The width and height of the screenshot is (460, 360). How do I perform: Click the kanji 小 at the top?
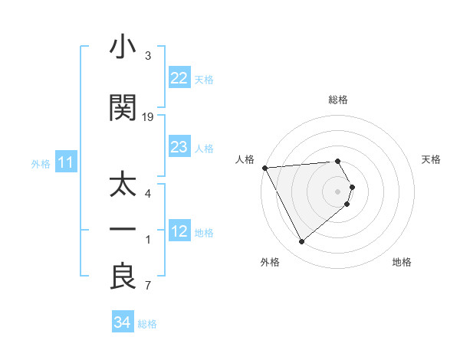[123, 48]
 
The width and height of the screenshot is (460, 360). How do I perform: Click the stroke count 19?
[148, 117]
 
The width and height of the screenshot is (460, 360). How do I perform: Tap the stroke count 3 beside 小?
[148, 56]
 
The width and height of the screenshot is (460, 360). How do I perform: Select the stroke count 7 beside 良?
[148, 287]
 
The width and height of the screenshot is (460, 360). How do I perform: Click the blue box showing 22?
[179, 78]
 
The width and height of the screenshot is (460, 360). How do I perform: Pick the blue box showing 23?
[179, 147]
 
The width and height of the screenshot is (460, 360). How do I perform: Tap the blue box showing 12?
[179, 231]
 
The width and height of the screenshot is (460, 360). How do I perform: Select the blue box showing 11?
[65, 162]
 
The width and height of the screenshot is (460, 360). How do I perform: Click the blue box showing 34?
[122, 322]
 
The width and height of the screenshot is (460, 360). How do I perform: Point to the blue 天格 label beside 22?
[204, 79]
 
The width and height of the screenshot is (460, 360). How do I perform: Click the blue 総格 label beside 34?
[147, 323]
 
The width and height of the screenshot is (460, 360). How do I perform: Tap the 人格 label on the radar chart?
[245, 159]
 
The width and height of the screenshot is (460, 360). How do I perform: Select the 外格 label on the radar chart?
[270, 262]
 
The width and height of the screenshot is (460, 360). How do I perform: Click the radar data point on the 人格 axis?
[264, 168]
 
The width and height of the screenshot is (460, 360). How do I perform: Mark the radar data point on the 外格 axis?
[301, 242]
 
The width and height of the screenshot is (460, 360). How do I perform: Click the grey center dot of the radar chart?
[338, 191]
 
